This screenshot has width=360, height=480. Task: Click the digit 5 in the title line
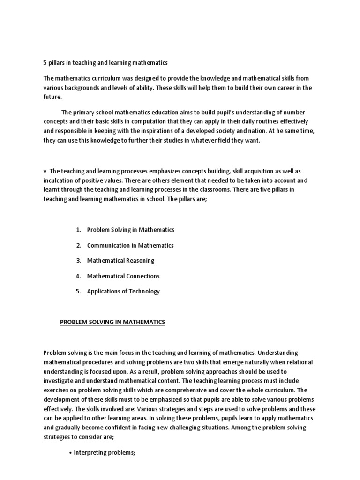45,62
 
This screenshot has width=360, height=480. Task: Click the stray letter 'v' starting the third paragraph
45,172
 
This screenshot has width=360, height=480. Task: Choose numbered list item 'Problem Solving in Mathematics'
130,230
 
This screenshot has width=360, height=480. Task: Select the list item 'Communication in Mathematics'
130,245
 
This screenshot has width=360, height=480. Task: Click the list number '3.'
78,261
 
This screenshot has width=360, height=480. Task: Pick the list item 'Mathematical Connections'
123,276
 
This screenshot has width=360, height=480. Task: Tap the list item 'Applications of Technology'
123,291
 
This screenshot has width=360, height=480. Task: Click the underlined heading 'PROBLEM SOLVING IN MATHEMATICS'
112,322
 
